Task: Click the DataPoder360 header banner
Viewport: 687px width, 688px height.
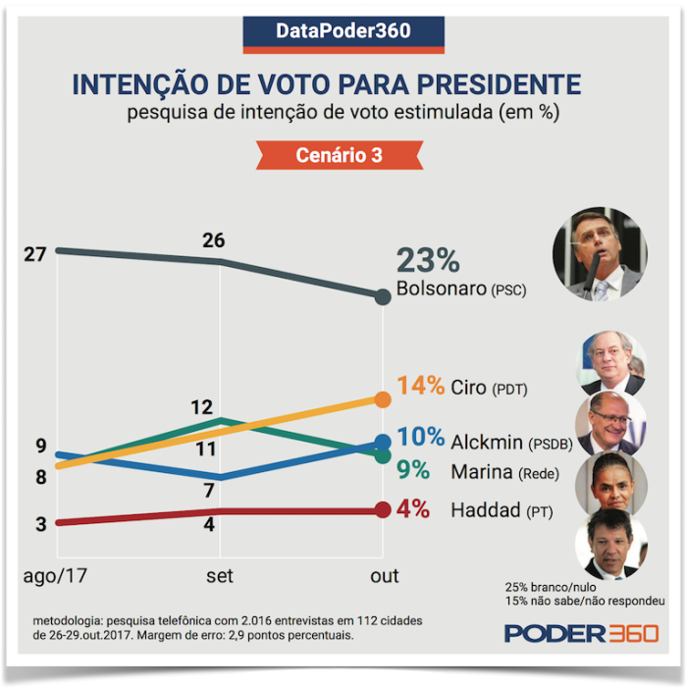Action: click(343, 31)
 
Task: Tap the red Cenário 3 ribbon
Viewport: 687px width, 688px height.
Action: click(339, 155)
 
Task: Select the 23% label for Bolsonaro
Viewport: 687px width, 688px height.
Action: click(428, 261)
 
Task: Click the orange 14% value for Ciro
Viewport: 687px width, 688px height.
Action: click(420, 386)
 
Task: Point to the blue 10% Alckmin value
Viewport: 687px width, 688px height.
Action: click(421, 439)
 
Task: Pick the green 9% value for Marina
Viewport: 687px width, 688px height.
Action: click(413, 470)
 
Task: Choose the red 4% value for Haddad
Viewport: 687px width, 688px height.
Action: click(413, 509)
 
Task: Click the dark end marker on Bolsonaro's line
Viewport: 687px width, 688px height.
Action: click(383, 296)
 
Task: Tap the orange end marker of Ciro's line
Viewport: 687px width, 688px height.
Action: click(383, 399)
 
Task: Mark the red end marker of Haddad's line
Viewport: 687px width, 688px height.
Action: click(383, 509)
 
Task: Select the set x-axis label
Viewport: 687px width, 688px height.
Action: click(220, 576)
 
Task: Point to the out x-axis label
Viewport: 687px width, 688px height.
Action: click(384, 576)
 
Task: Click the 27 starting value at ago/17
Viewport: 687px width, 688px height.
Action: click(35, 254)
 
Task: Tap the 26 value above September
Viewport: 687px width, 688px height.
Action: click(213, 240)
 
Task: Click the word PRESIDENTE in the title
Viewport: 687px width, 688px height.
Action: click(486, 84)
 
